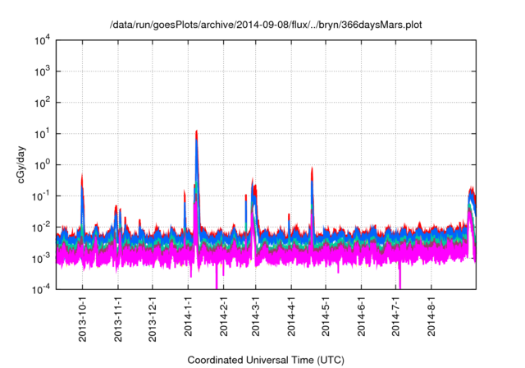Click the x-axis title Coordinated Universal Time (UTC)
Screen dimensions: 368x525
(x=266, y=360)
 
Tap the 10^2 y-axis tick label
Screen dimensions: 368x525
(x=42, y=103)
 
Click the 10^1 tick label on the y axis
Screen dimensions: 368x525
(x=42, y=133)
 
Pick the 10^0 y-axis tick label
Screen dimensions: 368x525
(x=42, y=164)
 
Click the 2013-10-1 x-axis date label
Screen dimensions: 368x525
(x=83, y=317)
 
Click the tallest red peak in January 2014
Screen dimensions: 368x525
(x=197, y=131)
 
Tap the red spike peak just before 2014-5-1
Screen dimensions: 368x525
(x=313, y=168)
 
